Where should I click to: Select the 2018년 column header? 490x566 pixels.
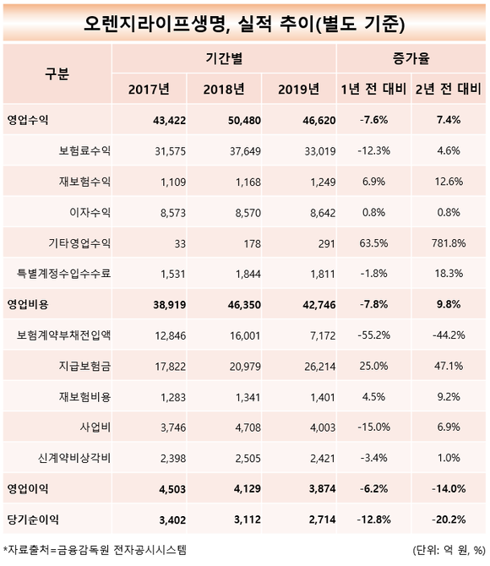224,90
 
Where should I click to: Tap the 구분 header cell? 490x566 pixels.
57,73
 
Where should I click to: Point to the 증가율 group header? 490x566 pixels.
411,58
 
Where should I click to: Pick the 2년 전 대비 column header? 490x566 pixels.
448,90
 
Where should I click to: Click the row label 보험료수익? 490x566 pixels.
84,150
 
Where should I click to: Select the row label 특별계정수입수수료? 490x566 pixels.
63,273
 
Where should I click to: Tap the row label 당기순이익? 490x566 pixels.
33,520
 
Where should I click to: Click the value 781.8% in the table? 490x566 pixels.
449,243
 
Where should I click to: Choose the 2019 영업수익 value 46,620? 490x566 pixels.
319,120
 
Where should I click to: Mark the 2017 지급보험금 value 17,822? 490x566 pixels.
170,367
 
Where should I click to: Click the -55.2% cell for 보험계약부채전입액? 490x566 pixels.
373,335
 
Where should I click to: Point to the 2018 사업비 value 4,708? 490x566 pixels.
248,427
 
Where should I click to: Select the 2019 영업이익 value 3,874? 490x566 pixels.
322,489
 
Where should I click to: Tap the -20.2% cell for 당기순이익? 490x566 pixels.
449,520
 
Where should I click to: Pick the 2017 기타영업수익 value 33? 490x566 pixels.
180,243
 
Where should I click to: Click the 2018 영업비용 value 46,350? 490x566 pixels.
244,305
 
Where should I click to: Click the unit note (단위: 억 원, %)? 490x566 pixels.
449,551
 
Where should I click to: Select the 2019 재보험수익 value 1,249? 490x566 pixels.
323,182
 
